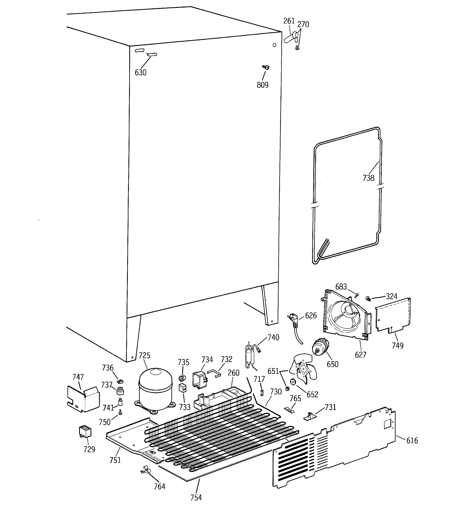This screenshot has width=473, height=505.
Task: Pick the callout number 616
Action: pos(412,441)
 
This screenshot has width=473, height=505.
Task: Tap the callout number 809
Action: pos(262,85)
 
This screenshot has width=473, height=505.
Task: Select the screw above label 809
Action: pos(266,67)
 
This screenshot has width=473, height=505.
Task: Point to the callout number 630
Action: pos(140,73)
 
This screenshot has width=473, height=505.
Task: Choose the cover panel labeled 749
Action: pos(392,315)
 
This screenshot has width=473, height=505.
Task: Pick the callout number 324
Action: pos(391,296)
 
